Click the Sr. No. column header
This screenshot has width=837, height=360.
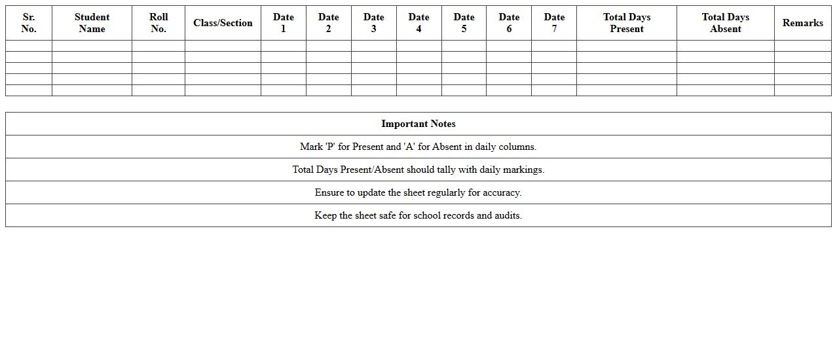point(29,23)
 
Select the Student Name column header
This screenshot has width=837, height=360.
point(92,23)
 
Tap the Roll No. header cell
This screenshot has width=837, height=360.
point(158,23)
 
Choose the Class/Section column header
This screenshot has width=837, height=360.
point(223,23)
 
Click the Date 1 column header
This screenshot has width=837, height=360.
point(284,23)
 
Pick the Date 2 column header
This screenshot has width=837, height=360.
point(329,23)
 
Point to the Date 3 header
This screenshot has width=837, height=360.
point(374,23)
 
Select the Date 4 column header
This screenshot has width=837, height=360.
point(419,23)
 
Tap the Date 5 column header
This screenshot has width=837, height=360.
point(464,23)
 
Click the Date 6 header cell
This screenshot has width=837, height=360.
point(509,23)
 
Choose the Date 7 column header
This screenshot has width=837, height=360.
point(554,23)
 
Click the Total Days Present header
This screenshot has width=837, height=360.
point(627,23)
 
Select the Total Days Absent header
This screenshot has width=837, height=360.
point(726,23)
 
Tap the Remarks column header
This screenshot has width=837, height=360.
point(803,23)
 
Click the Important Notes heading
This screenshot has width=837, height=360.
point(418,124)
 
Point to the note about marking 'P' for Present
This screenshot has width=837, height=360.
point(418,147)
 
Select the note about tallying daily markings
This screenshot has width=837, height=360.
point(418,170)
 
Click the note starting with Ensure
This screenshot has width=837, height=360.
point(418,192)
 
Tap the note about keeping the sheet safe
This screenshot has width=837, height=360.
point(418,215)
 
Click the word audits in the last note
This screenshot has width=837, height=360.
point(508,215)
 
